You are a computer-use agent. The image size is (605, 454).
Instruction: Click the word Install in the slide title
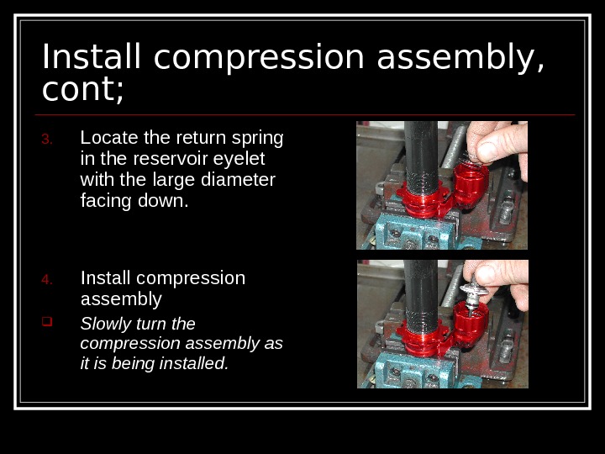click(91, 56)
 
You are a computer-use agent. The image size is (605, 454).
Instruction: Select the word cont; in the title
click(82, 90)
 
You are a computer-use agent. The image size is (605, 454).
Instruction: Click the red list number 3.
click(47, 139)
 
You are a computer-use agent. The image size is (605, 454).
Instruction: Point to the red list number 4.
click(47, 279)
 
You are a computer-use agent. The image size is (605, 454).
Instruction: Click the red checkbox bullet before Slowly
click(47, 321)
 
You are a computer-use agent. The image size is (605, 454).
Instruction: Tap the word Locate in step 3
click(109, 137)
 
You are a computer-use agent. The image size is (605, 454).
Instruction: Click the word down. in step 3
click(163, 201)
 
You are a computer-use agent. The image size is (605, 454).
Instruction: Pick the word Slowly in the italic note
click(106, 325)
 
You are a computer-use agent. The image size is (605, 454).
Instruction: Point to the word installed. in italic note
click(194, 363)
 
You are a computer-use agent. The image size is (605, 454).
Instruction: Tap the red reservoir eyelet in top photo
click(471, 184)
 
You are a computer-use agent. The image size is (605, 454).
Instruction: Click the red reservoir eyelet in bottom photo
click(471, 324)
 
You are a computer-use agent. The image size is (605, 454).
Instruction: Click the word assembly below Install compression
click(121, 299)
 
